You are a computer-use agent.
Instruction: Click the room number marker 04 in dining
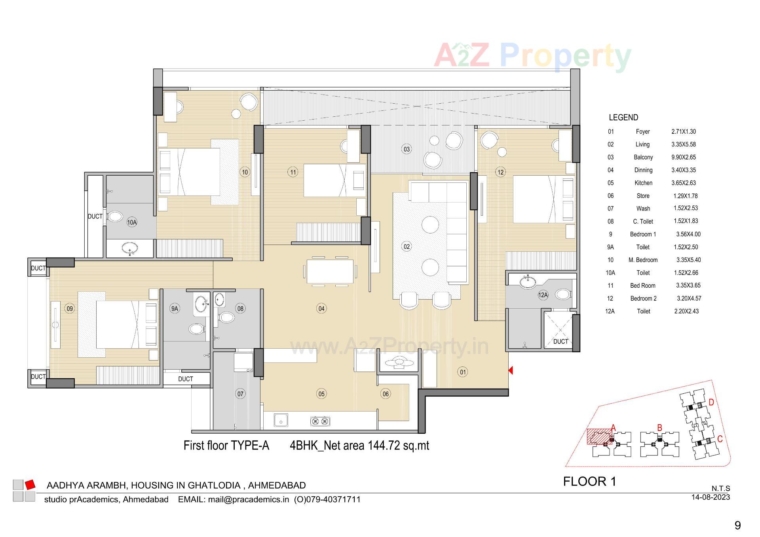click(321, 309)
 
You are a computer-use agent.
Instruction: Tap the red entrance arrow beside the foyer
click(511, 370)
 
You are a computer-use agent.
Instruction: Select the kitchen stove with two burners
click(320, 421)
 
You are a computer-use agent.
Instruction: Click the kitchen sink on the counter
click(281, 421)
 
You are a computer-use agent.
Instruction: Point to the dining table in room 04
click(330, 271)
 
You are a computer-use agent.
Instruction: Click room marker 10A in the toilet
click(132, 222)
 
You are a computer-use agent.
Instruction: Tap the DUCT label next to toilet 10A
click(95, 216)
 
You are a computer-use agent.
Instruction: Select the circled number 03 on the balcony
click(407, 149)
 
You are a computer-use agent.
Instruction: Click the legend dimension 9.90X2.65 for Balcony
click(683, 157)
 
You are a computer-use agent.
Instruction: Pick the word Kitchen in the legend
click(643, 183)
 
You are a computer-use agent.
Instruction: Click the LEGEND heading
click(623, 118)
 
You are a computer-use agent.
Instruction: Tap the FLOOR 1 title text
click(589, 482)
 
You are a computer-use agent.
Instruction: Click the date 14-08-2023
click(711, 497)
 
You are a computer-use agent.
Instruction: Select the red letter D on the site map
click(711, 402)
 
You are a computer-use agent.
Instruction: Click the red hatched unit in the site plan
click(599, 437)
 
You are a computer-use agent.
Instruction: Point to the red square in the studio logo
click(30, 484)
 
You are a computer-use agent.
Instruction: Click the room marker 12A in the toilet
click(543, 295)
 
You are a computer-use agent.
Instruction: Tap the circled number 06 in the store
click(386, 394)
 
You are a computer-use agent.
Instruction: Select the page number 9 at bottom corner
click(737, 525)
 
